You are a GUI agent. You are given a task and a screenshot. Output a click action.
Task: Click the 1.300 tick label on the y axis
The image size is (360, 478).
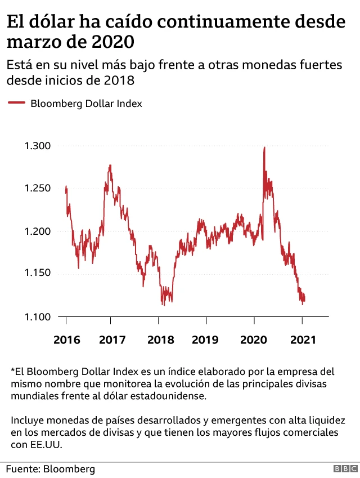tap(38, 146)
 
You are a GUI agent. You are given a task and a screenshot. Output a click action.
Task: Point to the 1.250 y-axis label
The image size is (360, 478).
tap(38, 188)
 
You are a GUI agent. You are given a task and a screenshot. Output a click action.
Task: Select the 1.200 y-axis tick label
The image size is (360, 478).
tap(38, 231)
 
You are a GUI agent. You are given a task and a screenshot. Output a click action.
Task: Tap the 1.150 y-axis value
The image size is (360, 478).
tap(38, 274)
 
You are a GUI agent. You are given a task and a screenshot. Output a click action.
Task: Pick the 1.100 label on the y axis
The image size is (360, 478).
tap(38, 317)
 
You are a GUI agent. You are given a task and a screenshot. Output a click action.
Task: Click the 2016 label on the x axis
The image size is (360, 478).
tap(66, 340)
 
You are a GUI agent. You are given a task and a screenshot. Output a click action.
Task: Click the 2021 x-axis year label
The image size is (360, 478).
tap(302, 340)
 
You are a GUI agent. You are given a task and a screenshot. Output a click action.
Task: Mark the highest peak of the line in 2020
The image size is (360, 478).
tap(264, 148)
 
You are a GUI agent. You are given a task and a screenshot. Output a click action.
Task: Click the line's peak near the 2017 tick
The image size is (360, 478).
tap(110, 166)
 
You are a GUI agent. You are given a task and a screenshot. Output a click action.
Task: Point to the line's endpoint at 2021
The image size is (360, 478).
tap(304, 300)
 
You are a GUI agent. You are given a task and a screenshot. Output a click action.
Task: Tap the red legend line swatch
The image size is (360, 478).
tap(16, 103)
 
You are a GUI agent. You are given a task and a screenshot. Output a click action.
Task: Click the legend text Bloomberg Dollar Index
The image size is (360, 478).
tap(85, 104)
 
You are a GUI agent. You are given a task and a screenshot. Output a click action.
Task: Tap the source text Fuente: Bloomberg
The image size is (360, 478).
tap(51, 468)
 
